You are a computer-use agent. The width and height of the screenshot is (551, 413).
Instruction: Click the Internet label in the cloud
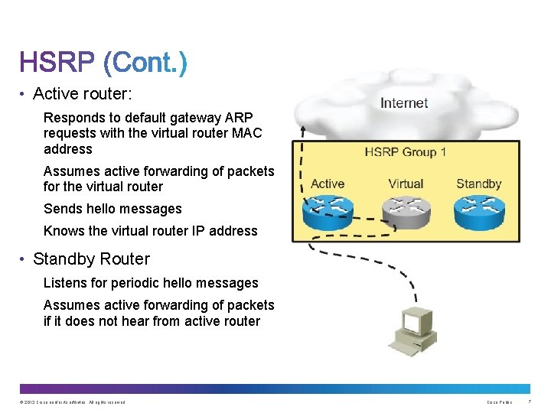point(404,102)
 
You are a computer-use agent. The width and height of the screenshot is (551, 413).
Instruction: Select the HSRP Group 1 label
point(406,151)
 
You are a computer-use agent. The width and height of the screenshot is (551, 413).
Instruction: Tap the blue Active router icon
point(328,212)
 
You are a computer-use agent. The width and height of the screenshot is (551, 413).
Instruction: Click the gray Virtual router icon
point(406,212)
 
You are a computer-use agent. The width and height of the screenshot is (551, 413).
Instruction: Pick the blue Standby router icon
point(479,212)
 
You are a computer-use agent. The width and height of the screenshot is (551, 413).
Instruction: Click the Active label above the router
point(328,184)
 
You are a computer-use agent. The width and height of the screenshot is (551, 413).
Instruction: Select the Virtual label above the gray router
point(406,184)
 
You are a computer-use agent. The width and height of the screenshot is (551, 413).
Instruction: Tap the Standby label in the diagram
point(478,184)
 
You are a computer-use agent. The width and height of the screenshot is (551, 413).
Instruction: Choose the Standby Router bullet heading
point(91,259)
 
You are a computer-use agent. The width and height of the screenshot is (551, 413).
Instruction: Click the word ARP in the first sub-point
point(237,118)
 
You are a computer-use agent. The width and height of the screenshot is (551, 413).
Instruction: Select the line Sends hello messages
point(112,209)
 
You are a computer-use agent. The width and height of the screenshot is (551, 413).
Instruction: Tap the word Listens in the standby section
point(65,283)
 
